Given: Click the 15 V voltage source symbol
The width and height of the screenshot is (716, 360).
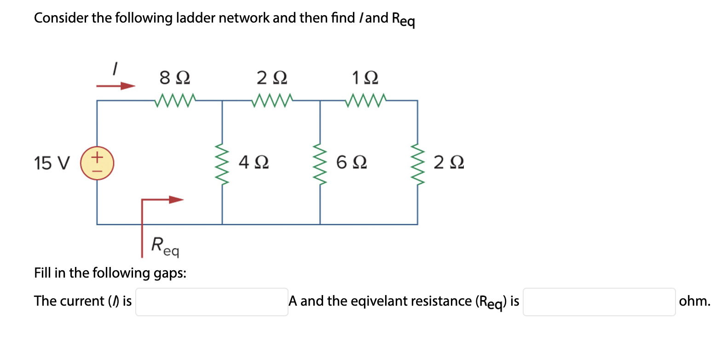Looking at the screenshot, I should (x=97, y=163).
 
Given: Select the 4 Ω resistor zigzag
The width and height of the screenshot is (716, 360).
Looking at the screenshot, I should (x=223, y=163).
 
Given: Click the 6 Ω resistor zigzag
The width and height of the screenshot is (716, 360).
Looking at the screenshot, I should (x=320, y=163).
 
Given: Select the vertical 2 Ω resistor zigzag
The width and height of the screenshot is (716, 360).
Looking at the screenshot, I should (x=418, y=163).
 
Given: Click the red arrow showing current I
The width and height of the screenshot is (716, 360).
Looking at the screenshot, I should (x=116, y=86).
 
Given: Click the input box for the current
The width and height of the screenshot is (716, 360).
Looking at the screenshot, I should (x=212, y=302).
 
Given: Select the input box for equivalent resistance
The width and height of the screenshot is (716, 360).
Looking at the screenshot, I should (x=599, y=302).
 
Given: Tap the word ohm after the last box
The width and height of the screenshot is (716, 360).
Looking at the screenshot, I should (x=694, y=302).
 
